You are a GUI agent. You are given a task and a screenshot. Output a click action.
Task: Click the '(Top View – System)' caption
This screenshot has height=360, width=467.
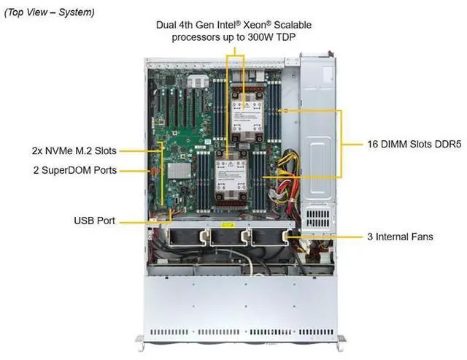pyautogui.click(x=49, y=13)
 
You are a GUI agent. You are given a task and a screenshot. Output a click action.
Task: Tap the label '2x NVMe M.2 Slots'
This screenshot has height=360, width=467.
pyautogui.click(x=74, y=151)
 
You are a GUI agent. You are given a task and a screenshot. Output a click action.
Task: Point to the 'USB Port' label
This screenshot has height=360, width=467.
pyautogui.click(x=93, y=220)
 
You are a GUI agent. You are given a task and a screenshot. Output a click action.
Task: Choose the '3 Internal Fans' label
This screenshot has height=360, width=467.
pyautogui.click(x=399, y=237)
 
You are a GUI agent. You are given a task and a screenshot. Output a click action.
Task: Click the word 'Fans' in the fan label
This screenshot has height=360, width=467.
pyautogui.click(x=420, y=237)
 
